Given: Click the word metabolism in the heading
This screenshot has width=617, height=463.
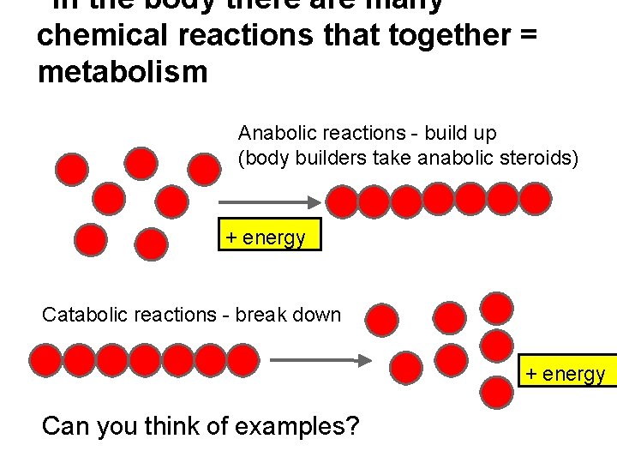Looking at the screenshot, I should [123, 72].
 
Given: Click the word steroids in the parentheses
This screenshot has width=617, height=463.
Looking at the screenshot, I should [543, 158].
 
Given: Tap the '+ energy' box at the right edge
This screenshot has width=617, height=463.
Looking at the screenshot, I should [566, 373].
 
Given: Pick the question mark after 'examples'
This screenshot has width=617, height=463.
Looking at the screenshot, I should [350, 424].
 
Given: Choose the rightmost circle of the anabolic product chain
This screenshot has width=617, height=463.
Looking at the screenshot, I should [536, 199].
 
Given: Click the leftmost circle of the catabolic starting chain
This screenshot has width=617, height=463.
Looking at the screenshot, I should [45, 360].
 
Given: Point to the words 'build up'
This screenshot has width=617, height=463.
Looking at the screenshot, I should [465, 133].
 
